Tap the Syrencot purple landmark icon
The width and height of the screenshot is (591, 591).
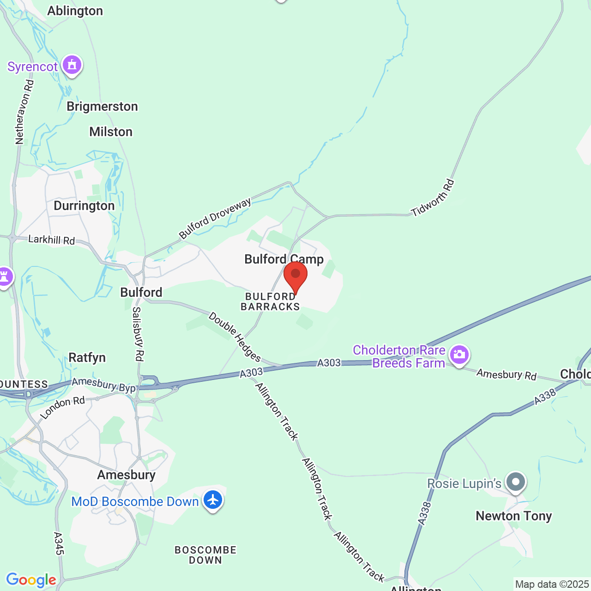tap(72, 65)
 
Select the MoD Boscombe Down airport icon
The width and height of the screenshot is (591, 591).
tap(213, 500)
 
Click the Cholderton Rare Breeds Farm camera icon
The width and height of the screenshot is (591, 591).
tap(459, 355)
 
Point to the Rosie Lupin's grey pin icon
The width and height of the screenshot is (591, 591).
tap(516, 482)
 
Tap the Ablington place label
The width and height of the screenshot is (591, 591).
tap(75, 11)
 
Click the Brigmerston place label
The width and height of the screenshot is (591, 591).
tap(102, 106)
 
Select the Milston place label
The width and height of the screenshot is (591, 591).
tap(111, 132)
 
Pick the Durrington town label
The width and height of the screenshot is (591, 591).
tap(84, 205)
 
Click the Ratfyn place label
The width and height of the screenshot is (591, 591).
tap(87, 357)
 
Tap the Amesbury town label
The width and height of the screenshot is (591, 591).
tap(126, 475)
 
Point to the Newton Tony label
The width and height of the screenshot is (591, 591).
tap(514, 516)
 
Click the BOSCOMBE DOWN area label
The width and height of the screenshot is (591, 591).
tap(205, 555)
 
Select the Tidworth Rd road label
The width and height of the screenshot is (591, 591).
tap(433, 198)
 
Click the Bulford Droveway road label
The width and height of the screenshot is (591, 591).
tap(215, 218)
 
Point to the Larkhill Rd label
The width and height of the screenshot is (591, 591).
tap(51, 240)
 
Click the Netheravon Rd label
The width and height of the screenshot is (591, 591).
tap(24, 112)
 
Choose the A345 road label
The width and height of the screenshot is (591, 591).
tap(58, 543)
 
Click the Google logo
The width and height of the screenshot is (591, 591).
tap(31, 580)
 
